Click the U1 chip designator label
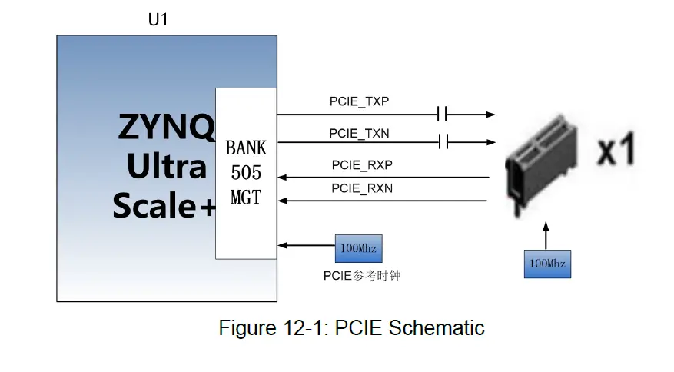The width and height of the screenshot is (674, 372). point(158,20)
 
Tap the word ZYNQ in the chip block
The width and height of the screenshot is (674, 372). point(166,128)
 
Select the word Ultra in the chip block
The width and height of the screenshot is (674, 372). point(166,167)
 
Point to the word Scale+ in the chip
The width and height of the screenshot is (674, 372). point(164,205)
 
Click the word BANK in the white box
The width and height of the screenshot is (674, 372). point(246,148)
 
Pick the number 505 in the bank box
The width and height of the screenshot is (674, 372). point(246,173)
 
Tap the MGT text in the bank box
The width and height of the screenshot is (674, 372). point(246,198)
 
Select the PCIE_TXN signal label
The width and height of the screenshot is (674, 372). point(360,133)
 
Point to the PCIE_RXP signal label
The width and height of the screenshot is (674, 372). point(362,164)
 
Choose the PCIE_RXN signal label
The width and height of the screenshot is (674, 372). point(362,188)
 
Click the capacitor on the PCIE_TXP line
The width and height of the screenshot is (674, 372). point(441,115)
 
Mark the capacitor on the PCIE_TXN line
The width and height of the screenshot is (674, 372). point(441,141)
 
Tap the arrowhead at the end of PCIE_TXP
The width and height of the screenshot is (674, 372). point(490,115)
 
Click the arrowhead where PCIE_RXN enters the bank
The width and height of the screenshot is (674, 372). point(282,201)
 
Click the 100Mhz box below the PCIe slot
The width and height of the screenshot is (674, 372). point(546,264)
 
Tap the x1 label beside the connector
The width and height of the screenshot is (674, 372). point(616,152)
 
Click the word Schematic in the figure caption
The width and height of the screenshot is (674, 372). point(437,328)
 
